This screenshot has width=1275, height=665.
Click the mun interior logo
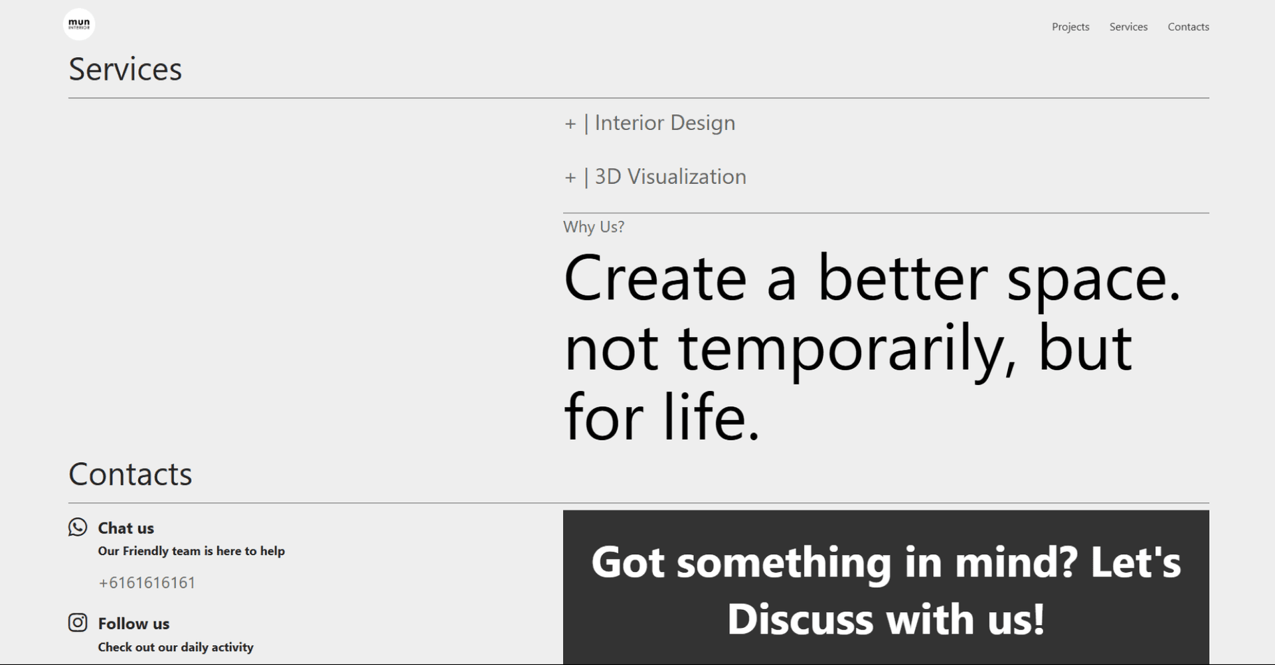tap(79, 25)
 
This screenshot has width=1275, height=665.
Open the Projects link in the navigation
tap(1070, 27)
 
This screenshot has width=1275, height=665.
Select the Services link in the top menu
tap(1128, 27)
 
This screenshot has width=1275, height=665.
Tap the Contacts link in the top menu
tap(1188, 27)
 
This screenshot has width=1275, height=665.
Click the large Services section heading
tap(126, 69)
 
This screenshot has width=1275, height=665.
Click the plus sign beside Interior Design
tap(570, 124)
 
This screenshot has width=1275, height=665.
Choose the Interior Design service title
tap(665, 123)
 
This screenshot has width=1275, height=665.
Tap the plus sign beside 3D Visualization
tap(570, 178)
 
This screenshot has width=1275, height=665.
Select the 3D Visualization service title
tap(671, 177)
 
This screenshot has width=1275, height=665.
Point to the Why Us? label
tap(594, 227)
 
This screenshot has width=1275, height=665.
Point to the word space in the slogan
tap(1094, 280)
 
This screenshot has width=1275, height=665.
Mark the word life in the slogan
tap(711, 416)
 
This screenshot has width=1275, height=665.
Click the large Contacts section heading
tap(130, 474)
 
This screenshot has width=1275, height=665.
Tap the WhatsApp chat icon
tap(78, 527)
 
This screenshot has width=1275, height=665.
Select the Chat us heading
tap(126, 528)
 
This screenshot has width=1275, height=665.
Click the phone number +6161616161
tap(147, 583)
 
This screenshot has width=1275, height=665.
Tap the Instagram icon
tap(78, 623)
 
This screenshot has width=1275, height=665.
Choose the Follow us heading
tap(133, 624)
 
